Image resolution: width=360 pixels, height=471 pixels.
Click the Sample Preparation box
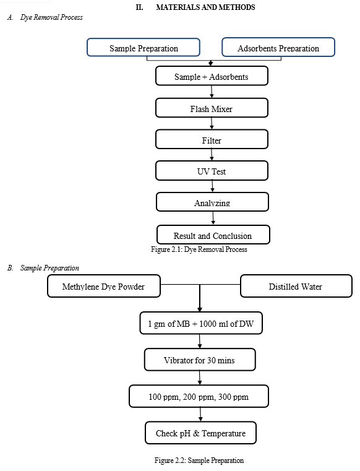[x=144, y=47]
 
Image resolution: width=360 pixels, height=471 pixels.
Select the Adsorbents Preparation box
[x=278, y=47]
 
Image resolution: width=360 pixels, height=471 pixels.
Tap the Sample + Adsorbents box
[x=212, y=76]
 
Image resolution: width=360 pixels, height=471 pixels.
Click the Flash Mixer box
[x=212, y=108]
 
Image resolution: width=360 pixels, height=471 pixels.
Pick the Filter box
[x=212, y=139]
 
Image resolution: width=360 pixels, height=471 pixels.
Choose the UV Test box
[x=212, y=171]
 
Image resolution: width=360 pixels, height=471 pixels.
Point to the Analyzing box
[x=212, y=202]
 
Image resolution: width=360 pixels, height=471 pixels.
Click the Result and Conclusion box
[x=213, y=235]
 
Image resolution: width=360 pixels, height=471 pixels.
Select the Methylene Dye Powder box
[x=104, y=286]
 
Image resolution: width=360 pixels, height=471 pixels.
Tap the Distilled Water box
[x=296, y=286]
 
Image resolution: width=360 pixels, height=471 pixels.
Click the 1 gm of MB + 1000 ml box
[x=201, y=323]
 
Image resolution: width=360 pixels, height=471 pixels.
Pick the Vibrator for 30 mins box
[x=200, y=360]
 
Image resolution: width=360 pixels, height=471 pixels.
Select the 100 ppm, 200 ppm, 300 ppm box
[x=199, y=396]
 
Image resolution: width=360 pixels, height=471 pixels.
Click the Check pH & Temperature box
[x=200, y=433]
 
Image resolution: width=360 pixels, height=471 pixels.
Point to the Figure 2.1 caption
[x=199, y=249]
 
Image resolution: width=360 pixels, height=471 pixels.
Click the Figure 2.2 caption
[x=199, y=460]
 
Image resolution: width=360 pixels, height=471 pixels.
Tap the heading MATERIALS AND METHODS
[x=206, y=7]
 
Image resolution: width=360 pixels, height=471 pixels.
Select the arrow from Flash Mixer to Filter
[x=212, y=123]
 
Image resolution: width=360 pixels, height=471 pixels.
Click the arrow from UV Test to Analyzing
[x=212, y=186]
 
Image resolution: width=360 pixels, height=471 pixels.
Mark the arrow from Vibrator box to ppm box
[x=200, y=378]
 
